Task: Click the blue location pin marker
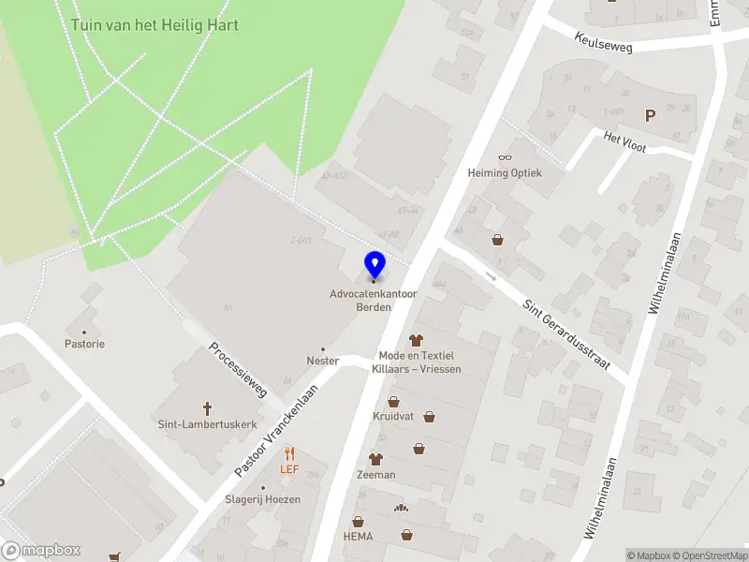tap(374, 265)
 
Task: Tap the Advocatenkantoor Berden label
tap(374, 301)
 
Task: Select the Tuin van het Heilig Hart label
tap(154, 24)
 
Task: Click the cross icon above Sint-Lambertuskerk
tap(208, 408)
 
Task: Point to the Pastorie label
tap(85, 344)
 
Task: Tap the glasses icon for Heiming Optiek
tap(505, 157)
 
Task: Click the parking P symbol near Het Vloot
tap(649, 116)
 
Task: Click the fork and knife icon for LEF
tap(289, 452)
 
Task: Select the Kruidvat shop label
tap(393, 416)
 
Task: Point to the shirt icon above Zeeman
tap(375, 459)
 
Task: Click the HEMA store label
tap(357, 536)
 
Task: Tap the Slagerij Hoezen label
tap(263, 499)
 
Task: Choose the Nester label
tap(322, 361)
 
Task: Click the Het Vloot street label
tap(626, 139)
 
